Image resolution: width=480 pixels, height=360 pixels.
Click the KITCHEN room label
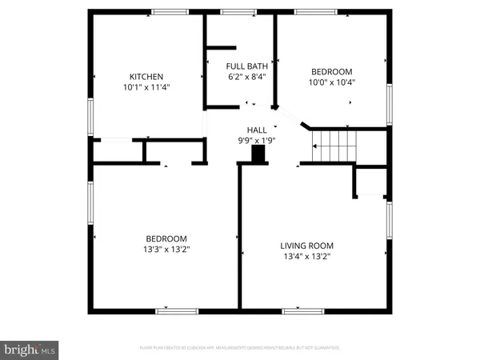pos(146,77)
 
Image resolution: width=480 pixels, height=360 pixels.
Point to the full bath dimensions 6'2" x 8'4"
pos(241,77)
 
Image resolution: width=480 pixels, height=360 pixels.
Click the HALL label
pos(257,130)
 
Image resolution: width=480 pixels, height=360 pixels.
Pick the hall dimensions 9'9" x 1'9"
pos(257,140)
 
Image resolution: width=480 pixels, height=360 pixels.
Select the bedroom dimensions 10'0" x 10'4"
pos(332,82)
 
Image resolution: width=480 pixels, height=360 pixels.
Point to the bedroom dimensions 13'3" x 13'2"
pos(166,249)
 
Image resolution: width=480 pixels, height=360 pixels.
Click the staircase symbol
pos(333,146)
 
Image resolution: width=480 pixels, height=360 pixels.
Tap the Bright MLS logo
pos(30,349)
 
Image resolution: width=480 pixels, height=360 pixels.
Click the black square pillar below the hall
pos(258,157)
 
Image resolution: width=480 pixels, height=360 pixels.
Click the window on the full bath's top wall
pos(234,12)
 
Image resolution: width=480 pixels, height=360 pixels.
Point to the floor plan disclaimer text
pos(239,348)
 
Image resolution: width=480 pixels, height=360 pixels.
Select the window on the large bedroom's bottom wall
pos(176,310)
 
